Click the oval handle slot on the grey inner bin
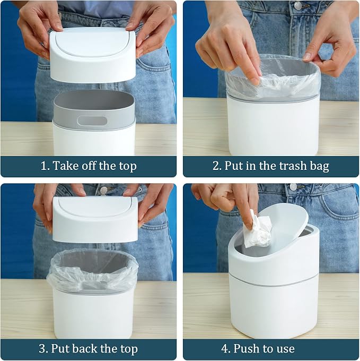click(92, 121)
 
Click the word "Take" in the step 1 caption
click(62, 166)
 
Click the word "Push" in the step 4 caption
click(245, 349)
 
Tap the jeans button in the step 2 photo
click(298, 5)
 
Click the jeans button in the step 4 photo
click(293, 187)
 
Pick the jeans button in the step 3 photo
click(104, 190)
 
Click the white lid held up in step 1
click(93, 55)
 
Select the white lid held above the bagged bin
click(95, 219)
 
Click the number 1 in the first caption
click(43, 166)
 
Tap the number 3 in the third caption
click(43, 349)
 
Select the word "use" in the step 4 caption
click(285, 349)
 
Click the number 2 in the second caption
click(217, 166)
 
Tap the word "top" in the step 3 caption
click(128, 349)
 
